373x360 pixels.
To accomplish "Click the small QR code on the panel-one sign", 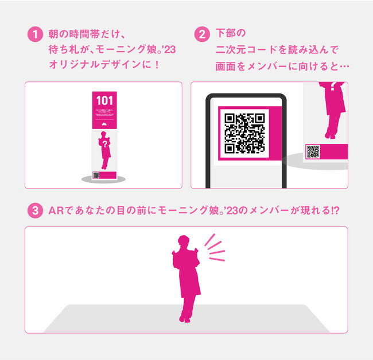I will click(x=96, y=175).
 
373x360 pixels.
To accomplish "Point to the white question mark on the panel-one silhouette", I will click(x=104, y=145).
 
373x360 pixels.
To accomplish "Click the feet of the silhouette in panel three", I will click(x=184, y=318).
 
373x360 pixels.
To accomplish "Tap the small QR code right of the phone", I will click(x=313, y=151).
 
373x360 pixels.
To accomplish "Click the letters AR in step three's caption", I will click(x=56, y=211).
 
